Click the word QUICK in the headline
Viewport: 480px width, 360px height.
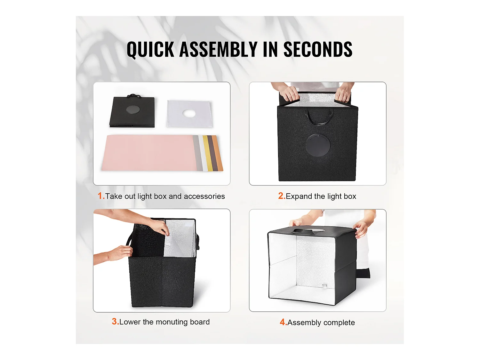pos(150,49)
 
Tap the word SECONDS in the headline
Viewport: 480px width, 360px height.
pos(318,49)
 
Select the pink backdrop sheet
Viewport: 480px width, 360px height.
pos(149,153)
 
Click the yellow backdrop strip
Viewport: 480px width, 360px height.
pos(208,153)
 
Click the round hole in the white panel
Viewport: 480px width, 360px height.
pos(189,114)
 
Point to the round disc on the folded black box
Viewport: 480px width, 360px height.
pos(133,109)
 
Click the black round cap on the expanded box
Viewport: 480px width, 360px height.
pos(317,145)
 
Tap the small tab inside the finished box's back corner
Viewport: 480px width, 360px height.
pos(324,285)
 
